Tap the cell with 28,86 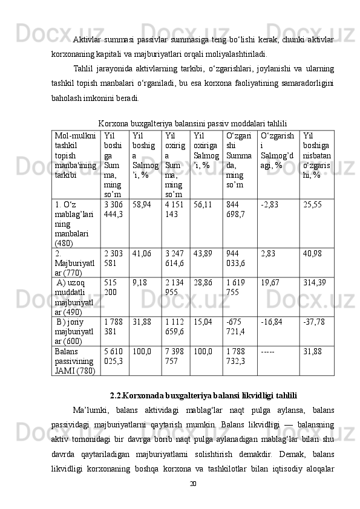[202, 282]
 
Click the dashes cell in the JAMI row [270, 351]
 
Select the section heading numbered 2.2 [203, 395]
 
